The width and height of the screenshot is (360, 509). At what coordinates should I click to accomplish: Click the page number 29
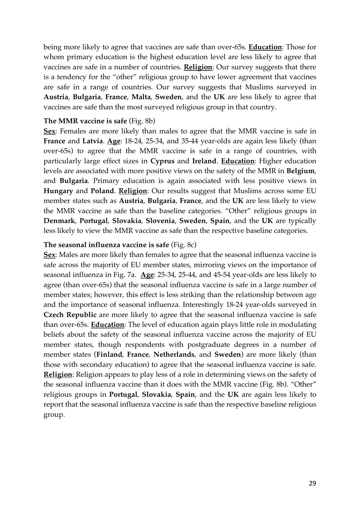[312, 483]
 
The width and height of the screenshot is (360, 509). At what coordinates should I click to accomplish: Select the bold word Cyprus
[162, 161]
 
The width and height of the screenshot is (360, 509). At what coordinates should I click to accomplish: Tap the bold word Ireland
[204, 161]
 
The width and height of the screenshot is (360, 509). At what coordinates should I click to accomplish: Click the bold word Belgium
[301, 171]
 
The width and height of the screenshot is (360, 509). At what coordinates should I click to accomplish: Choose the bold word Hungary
[58, 191]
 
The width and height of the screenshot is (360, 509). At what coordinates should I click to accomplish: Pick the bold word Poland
[102, 191]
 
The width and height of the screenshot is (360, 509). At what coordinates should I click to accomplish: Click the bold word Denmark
[59, 221]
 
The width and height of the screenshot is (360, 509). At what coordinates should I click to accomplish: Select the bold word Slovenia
[160, 221]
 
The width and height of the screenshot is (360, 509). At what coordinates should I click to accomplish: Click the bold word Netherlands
[174, 355]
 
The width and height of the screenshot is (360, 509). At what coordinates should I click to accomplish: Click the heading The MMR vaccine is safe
[85, 121]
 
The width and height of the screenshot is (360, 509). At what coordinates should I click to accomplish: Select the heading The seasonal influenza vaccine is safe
[106, 245]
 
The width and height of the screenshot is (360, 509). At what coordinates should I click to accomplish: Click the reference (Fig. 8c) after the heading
[184, 245]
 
